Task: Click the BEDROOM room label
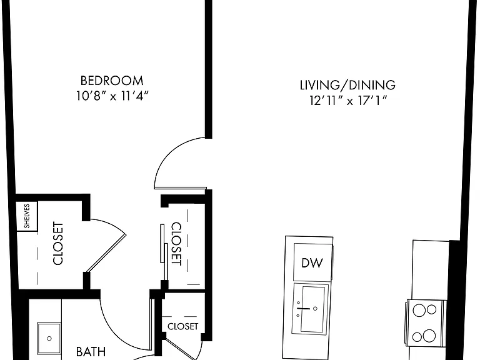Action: [112, 81]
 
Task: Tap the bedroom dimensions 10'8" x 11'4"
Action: [112, 96]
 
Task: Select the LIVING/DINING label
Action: [347, 85]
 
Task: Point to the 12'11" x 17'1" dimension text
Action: [348, 101]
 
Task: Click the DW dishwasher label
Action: [312, 263]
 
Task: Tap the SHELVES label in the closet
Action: [27, 216]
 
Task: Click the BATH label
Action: [91, 352]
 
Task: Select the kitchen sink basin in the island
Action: [312, 309]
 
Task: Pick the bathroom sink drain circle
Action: [49, 339]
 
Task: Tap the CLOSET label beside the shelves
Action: [58, 243]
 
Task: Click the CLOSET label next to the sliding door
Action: [176, 244]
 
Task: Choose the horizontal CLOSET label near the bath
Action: [183, 326]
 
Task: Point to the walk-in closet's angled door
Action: [106, 253]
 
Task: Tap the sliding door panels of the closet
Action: [164, 252]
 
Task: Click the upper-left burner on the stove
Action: [419, 311]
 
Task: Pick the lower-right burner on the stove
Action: [429, 336]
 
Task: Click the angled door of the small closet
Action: [180, 348]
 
